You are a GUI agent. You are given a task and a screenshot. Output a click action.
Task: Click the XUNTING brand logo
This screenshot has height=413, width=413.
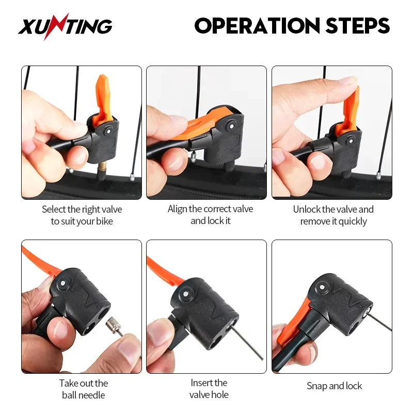[x=65, y=26]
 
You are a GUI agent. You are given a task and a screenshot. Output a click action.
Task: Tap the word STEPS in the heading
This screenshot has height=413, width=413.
[x=358, y=26]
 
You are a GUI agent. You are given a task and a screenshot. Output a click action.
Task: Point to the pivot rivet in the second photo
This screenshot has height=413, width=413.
[x=231, y=126]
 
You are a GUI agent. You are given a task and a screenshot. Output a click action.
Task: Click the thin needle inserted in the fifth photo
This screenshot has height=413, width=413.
[x=247, y=342]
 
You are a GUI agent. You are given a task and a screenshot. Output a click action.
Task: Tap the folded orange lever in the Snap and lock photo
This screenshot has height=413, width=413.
[x=292, y=323]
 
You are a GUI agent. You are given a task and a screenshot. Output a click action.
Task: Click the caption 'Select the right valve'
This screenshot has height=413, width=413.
[x=82, y=210]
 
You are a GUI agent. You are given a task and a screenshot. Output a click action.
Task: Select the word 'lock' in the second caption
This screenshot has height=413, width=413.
[x=216, y=221]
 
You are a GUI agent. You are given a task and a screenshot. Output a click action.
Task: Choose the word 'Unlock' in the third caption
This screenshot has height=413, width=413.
[x=307, y=210]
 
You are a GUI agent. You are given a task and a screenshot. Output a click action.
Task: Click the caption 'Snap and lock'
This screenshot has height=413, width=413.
[x=334, y=386]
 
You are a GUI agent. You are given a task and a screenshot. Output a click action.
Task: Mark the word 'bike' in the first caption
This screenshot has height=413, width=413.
[x=104, y=221]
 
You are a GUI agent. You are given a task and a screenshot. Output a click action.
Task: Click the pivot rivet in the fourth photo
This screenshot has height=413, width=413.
[x=63, y=283]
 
